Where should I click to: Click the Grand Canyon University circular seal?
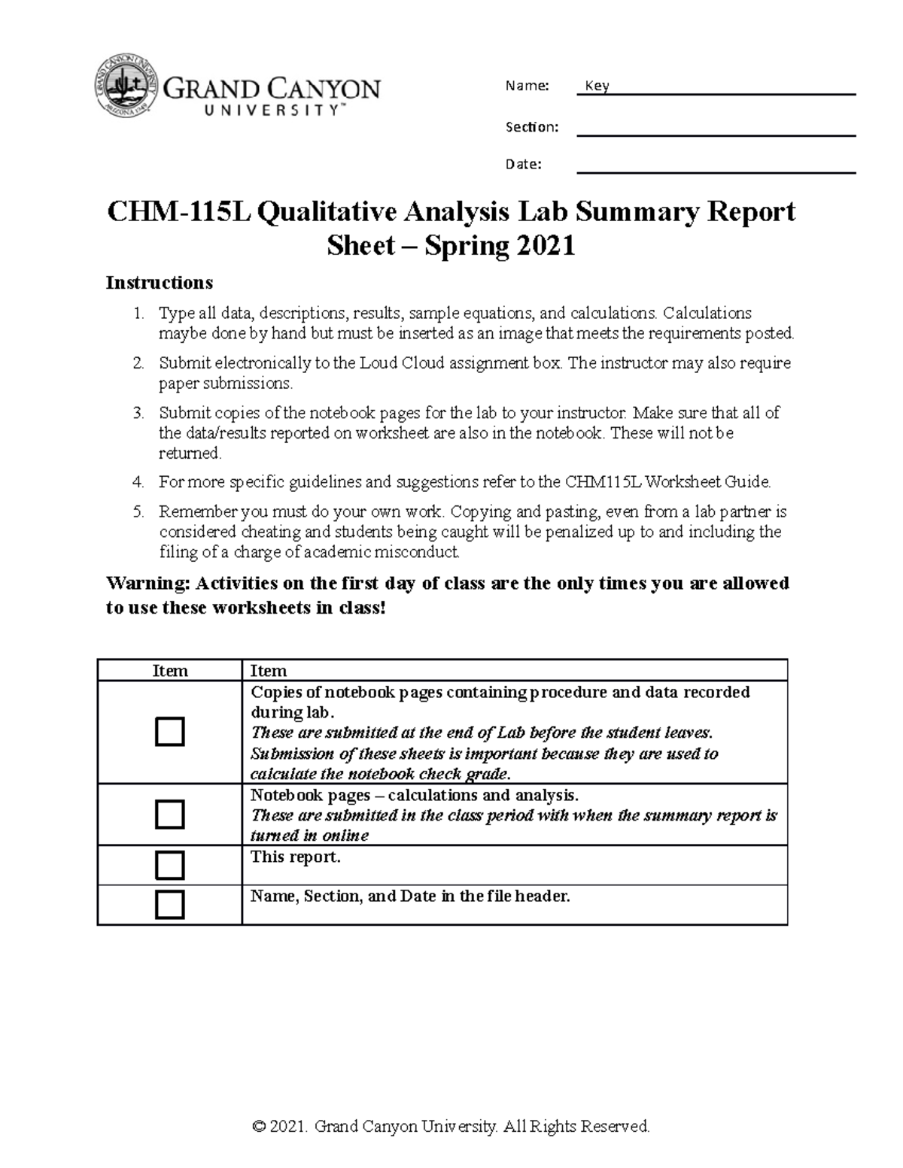[x=126, y=88]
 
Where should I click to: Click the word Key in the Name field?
[x=597, y=86]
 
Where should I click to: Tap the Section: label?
[x=532, y=126]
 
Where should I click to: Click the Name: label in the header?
[x=527, y=86]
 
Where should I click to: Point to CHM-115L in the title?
[x=178, y=212]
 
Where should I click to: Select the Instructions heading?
[x=160, y=283]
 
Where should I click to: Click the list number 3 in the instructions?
[x=138, y=413]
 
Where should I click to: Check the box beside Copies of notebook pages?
[x=169, y=732]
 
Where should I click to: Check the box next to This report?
[x=169, y=865]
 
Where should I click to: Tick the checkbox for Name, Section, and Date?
[x=169, y=904]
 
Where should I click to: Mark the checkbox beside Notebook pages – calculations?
[x=169, y=815]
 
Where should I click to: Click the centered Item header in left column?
[x=170, y=671]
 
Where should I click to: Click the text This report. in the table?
[x=295, y=857]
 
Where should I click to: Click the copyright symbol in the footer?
[x=260, y=1127]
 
